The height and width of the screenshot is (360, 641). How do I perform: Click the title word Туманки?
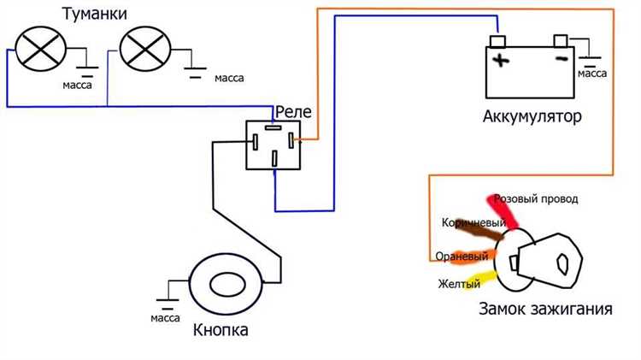[x=94, y=15]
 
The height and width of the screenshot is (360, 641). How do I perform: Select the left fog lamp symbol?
[x=40, y=49]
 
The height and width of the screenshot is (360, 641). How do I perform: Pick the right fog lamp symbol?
[x=145, y=49]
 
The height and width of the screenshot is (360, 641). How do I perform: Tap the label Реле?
[x=293, y=112]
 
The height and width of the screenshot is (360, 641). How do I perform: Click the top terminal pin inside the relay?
[x=273, y=127]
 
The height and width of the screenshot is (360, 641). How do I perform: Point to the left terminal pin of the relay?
[x=255, y=142]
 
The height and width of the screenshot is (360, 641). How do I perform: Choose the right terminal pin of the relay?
[x=291, y=140]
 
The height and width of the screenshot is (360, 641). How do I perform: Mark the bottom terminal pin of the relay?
[x=274, y=159]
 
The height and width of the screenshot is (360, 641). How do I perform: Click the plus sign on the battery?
[x=501, y=61]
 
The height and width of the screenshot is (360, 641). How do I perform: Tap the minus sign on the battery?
[x=562, y=59]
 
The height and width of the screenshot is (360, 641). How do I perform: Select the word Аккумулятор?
[x=532, y=116]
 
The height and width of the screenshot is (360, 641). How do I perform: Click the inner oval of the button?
[x=227, y=285]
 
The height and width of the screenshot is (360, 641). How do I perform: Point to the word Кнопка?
[x=221, y=330]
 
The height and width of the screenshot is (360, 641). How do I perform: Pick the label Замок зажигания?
[x=545, y=309]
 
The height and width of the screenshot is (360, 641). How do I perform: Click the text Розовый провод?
[x=536, y=199]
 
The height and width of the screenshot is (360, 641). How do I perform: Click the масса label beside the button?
[x=165, y=318]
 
